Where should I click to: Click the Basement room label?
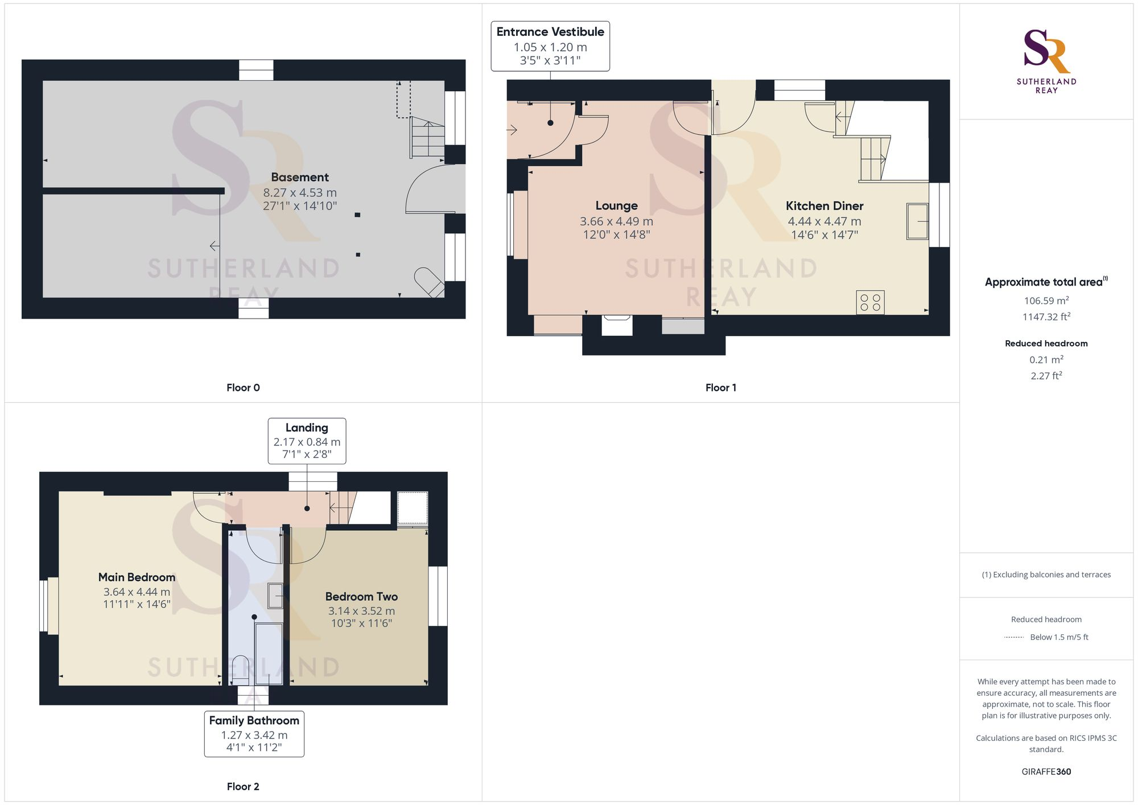pyautogui.click(x=300, y=177)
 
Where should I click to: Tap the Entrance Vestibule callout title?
pyautogui.click(x=550, y=32)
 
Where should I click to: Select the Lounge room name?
pyautogui.click(x=616, y=206)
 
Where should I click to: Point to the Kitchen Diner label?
pyautogui.click(x=824, y=206)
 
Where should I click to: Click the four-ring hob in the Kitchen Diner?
pyautogui.click(x=870, y=302)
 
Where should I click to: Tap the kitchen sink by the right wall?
pyautogui.click(x=917, y=221)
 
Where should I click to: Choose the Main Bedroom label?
pyautogui.click(x=137, y=577)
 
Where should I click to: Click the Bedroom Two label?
pyautogui.click(x=361, y=597)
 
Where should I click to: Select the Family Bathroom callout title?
pyautogui.click(x=254, y=721)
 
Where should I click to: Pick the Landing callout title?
pyautogui.click(x=307, y=428)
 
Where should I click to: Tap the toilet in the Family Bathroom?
pyautogui.click(x=241, y=670)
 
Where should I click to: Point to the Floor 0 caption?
pyautogui.click(x=243, y=388)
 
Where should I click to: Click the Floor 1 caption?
pyautogui.click(x=721, y=388)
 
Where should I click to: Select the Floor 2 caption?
pyautogui.click(x=243, y=787)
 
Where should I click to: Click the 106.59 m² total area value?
pyautogui.click(x=1046, y=300)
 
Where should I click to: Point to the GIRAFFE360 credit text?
pyautogui.click(x=1046, y=772)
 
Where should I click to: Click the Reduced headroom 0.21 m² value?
pyautogui.click(x=1046, y=360)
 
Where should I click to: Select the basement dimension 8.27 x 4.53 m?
pyautogui.click(x=300, y=193)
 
